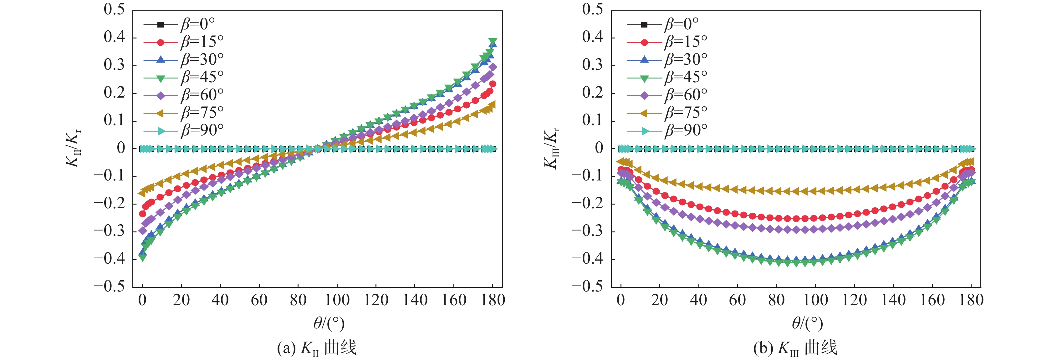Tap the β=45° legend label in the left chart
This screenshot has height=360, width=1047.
(202, 77)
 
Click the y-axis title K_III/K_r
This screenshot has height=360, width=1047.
(552, 148)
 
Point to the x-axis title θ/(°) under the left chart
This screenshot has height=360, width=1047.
(329, 323)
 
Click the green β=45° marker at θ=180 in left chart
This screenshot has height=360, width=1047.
(493, 42)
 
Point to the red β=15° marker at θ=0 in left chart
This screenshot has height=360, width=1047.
(143, 214)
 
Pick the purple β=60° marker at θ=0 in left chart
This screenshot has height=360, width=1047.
(143, 231)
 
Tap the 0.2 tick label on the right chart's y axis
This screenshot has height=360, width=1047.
(593, 93)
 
